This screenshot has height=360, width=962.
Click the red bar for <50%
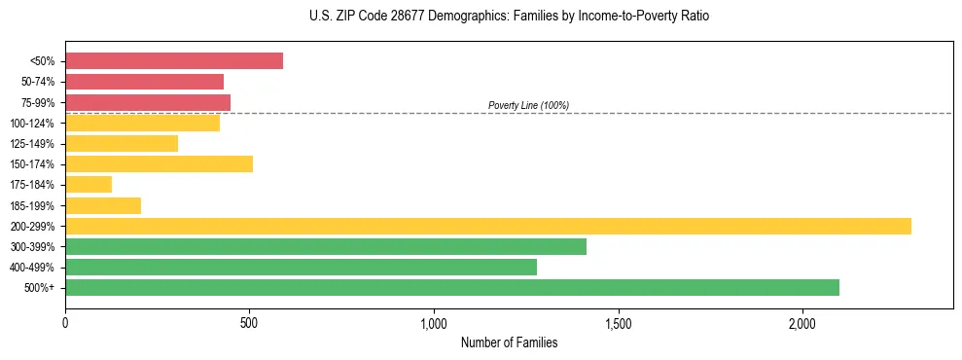coord(174,61)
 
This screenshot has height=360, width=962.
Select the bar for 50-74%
coord(144,82)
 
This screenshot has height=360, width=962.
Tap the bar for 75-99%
coord(148,102)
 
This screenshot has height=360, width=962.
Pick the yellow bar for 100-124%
coord(142,123)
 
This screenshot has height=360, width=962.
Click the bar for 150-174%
coord(159,163)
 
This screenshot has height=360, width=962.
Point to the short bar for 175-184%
coord(89,184)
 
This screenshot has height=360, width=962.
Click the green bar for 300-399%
coord(326,246)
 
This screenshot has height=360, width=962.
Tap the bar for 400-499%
coord(301,267)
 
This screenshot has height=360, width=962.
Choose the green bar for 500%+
coord(452,287)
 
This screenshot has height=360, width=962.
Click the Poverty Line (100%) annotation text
coord(528,105)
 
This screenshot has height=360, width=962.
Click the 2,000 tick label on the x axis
coord(802,322)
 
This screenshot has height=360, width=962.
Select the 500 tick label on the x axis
coord(249,322)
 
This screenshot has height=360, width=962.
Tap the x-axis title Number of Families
coord(509,342)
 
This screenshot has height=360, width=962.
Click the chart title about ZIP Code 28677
coord(509,17)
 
